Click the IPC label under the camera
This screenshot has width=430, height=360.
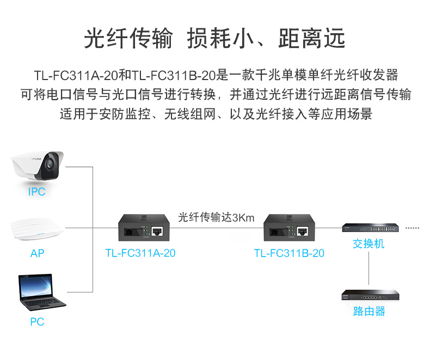[x=36, y=192]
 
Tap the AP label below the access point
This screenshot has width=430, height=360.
[x=37, y=253]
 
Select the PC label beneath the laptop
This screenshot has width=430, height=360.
[x=37, y=322]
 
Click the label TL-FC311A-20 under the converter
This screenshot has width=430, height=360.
[x=140, y=253]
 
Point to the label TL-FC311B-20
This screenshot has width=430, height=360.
[x=289, y=253]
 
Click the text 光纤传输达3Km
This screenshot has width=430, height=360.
[x=216, y=217]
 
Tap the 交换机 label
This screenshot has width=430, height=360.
[x=368, y=243]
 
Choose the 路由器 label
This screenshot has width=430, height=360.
[x=368, y=311]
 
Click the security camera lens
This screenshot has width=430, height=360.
[x=51, y=162]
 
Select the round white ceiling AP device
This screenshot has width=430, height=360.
[x=37, y=229]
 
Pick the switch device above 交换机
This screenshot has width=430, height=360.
[x=369, y=228]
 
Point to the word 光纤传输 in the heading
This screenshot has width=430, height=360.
[x=128, y=39]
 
